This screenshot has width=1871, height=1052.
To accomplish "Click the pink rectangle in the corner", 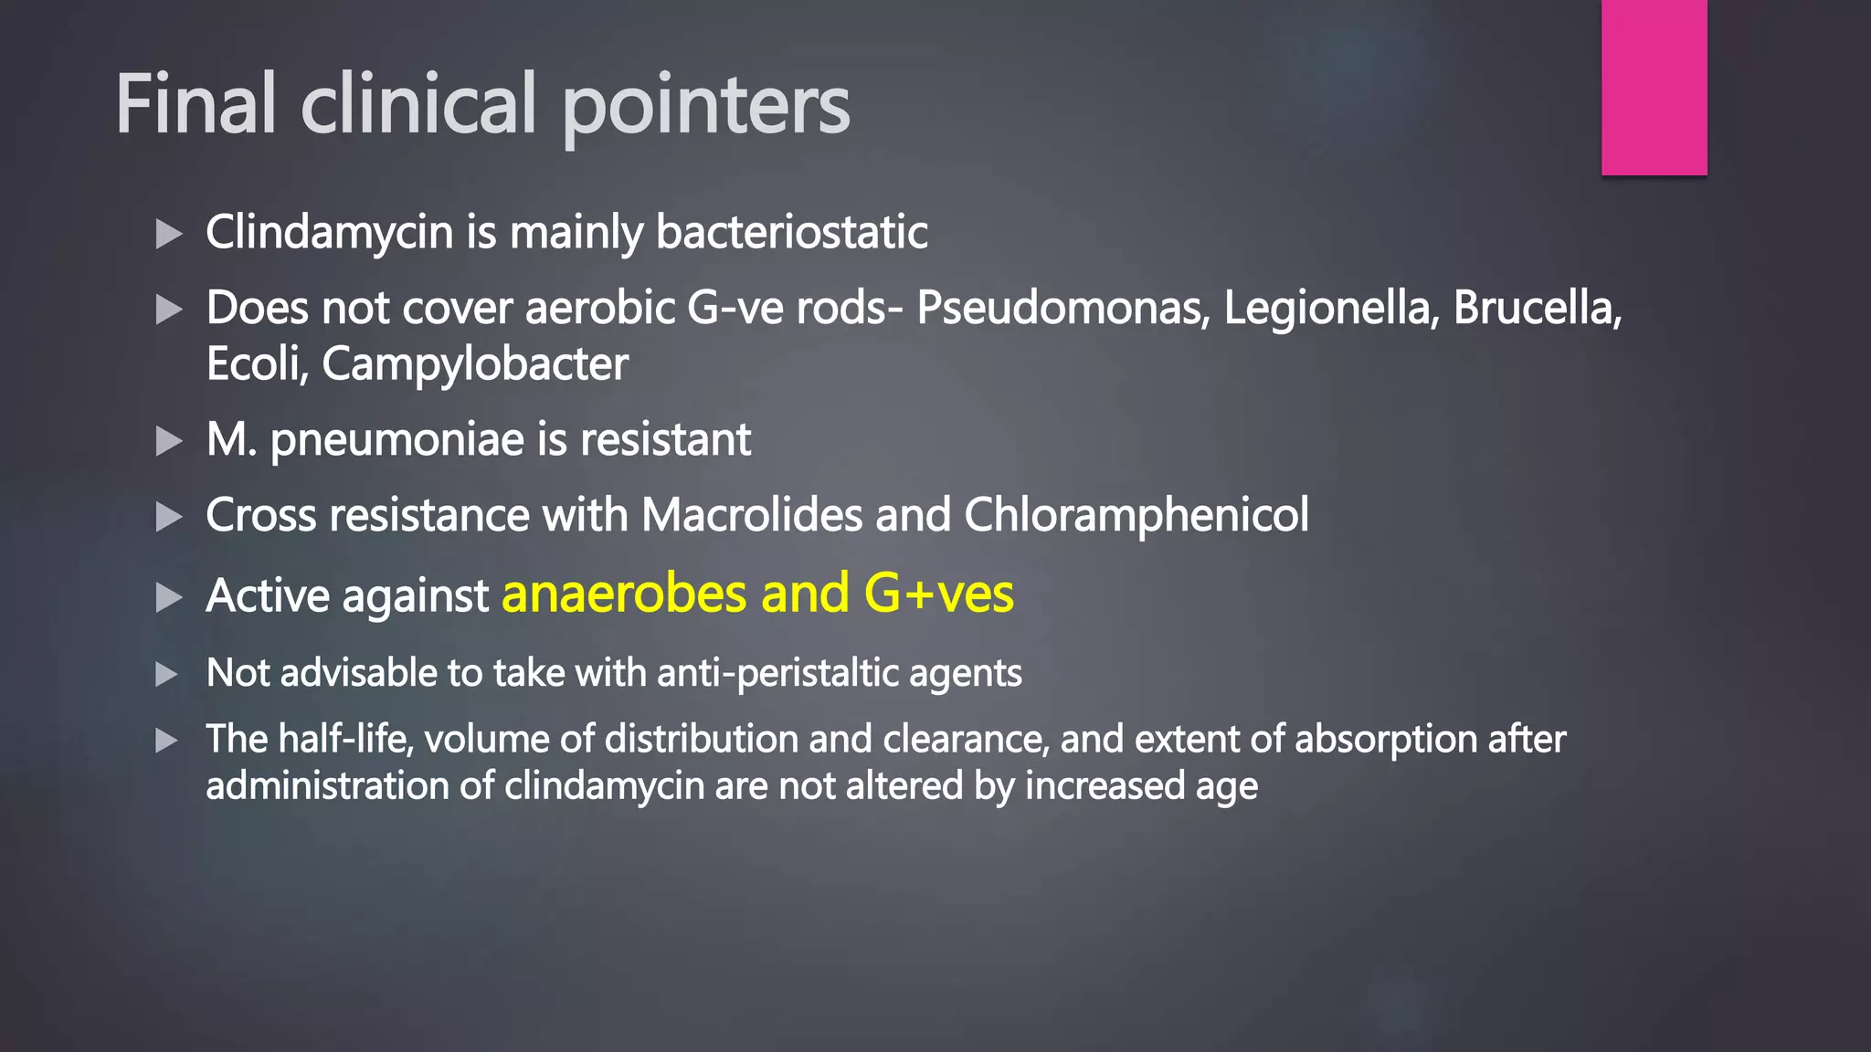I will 1654,88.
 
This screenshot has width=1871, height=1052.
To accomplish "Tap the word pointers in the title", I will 705,108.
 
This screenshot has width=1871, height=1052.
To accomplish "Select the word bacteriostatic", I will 791,232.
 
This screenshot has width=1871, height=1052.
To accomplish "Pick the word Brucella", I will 1537,308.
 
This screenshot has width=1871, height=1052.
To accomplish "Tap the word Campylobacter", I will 475,364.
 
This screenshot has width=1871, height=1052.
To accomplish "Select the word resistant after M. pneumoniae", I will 665,439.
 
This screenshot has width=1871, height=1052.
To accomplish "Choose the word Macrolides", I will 751,515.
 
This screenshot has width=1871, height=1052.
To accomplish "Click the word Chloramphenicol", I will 1136,515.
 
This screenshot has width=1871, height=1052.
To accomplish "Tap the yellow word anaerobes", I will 625,594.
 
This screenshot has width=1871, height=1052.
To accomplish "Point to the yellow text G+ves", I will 938,594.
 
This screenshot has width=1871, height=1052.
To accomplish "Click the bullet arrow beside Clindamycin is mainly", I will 169,234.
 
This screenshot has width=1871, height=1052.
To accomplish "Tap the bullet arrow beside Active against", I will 169,598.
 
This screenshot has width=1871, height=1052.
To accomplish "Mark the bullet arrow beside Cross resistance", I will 169,518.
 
